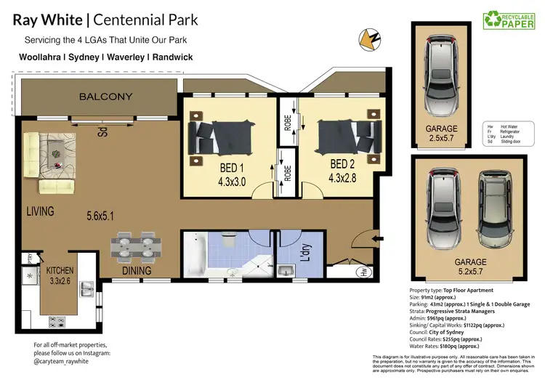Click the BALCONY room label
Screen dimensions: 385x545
[x=106, y=97]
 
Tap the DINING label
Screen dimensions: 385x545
[x=137, y=271]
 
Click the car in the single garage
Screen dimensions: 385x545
[x=441, y=72]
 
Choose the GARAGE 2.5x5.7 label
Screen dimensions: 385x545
[x=441, y=134]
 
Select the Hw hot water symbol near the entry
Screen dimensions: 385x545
[x=363, y=272]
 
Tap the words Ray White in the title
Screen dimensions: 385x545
[x=47, y=20]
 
